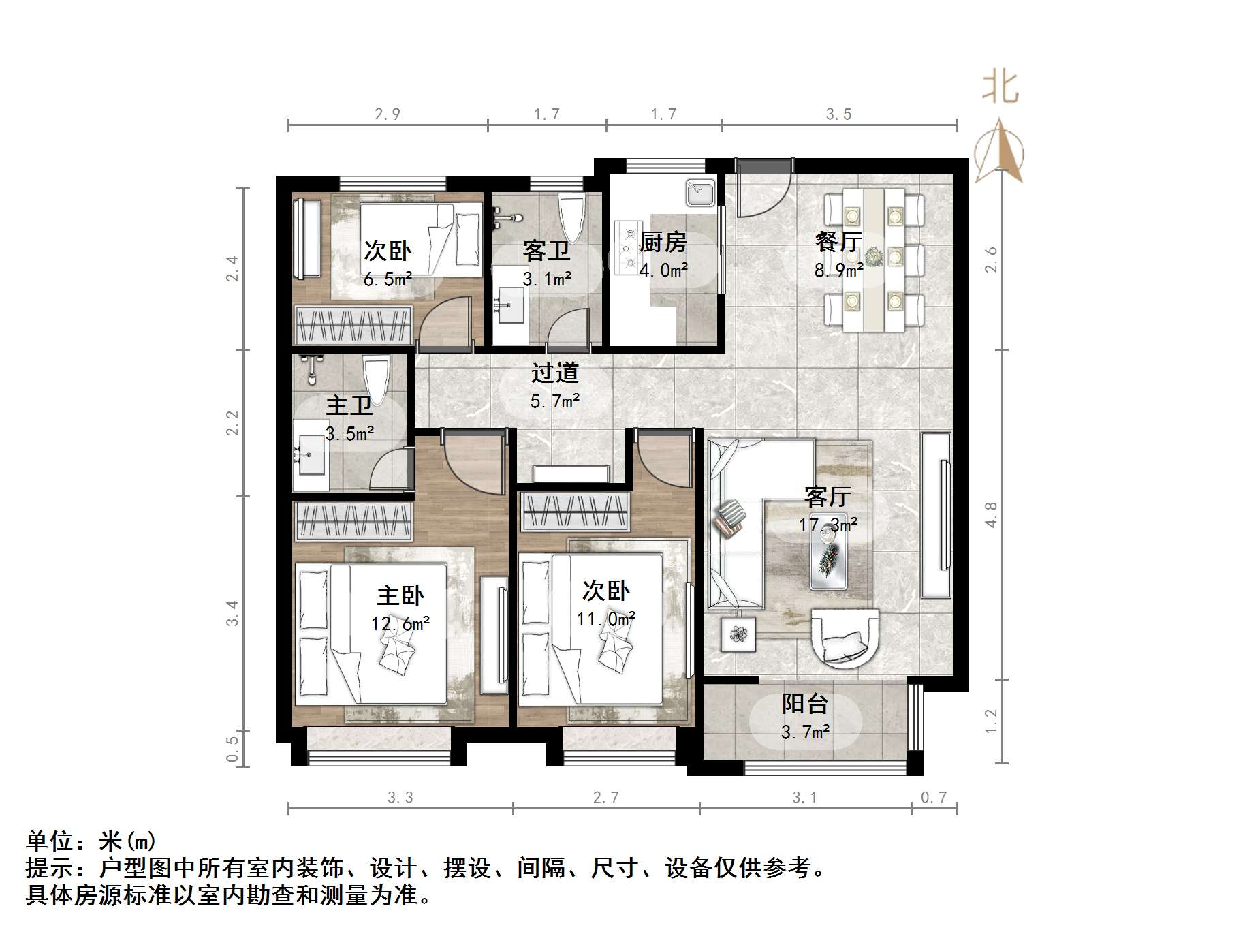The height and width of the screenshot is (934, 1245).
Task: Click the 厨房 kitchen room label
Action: click(663, 242)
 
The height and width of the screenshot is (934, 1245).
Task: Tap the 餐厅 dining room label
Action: click(838, 242)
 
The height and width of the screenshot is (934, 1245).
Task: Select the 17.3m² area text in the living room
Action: click(828, 525)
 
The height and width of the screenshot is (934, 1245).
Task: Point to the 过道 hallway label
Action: click(554, 373)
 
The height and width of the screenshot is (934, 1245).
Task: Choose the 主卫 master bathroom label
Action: click(349, 406)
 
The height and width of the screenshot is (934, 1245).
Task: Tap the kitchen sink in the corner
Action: click(699, 193)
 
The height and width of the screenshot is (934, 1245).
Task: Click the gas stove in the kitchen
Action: click(628, 247)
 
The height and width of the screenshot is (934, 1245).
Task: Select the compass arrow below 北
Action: click(998, 151)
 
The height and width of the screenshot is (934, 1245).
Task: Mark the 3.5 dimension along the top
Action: click(838, 114)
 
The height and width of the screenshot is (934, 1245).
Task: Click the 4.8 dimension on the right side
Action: click(991, 514)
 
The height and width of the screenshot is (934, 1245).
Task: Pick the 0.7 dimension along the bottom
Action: click(933, 797)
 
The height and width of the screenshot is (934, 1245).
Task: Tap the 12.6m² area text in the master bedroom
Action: click(400, 623)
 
